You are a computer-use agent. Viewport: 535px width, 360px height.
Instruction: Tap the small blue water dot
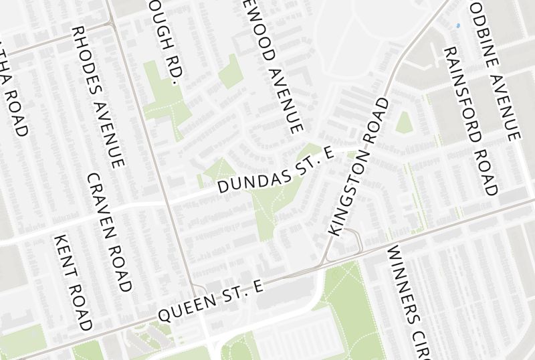(457, 25)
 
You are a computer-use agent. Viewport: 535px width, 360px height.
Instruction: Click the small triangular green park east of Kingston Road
(403, 123)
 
